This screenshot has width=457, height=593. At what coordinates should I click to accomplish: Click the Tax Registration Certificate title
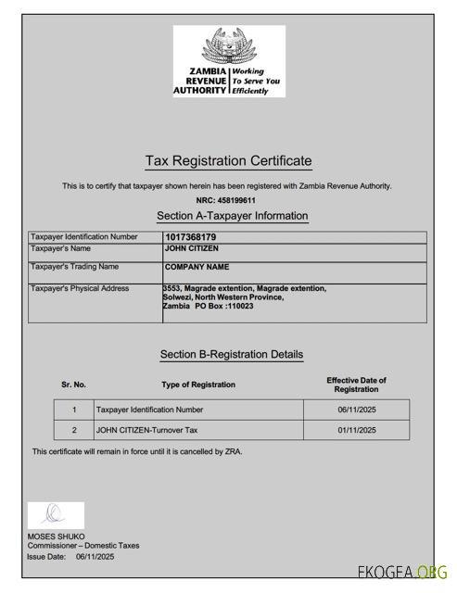(228, 161)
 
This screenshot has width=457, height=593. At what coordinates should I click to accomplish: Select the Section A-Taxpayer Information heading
(232, 216)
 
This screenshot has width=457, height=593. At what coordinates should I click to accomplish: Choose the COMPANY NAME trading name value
(197, 268)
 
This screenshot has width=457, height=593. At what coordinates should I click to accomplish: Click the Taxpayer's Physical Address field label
(80, 289)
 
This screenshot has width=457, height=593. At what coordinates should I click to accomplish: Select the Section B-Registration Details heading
(231, 354)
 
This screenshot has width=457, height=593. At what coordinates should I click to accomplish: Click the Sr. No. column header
(74, 385)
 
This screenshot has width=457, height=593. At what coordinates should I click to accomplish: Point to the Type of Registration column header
(198, 385)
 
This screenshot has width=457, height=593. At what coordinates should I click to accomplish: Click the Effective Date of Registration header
(356, 385)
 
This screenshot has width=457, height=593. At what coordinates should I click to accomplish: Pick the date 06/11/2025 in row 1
(357, 410)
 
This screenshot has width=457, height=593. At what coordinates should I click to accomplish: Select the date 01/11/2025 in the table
(357, 430)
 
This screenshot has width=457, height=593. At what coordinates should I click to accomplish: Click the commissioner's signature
(55, 514)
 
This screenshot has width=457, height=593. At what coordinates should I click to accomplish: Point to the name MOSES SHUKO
(56, 536)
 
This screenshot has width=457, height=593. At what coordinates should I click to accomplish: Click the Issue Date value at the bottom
(95, 557)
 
